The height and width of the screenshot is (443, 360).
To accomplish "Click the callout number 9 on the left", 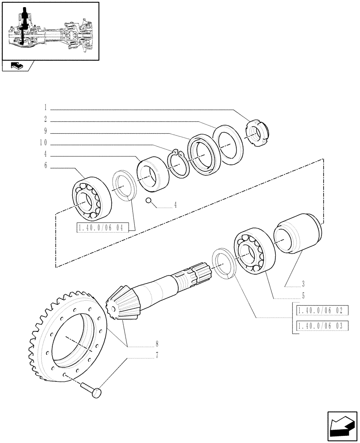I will [x=46, y=132].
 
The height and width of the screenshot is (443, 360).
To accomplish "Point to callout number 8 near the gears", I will [x=157, y=343].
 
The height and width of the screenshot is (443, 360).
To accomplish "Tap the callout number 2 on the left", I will [x=46, y=119].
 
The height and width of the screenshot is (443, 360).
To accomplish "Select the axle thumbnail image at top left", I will [x=50, y=30].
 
